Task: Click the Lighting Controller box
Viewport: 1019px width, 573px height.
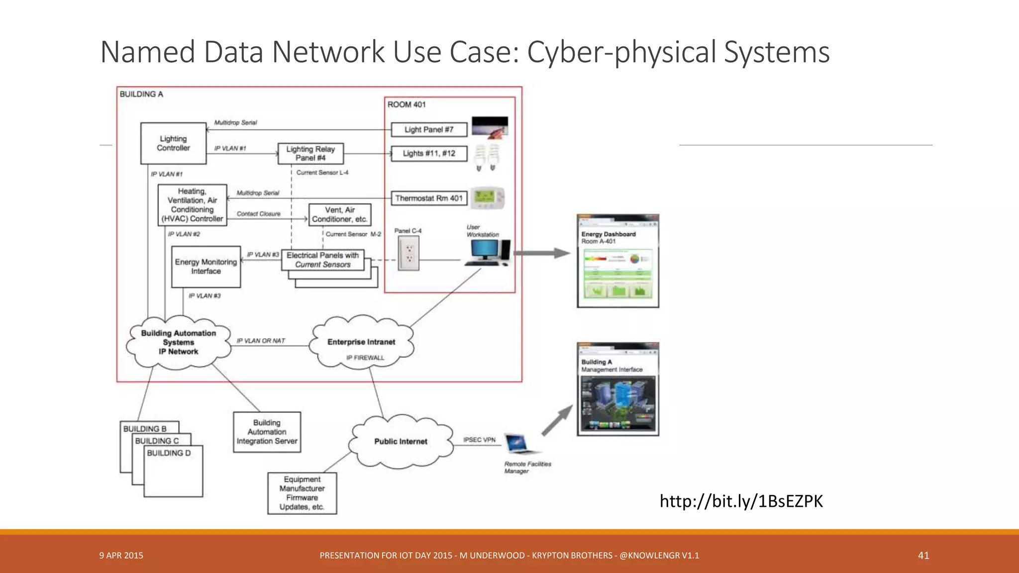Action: click(x=173, y=143)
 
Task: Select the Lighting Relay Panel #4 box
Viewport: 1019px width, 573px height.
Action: click(x=310, y=153)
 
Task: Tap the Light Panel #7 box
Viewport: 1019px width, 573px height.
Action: click(x=429, y=130)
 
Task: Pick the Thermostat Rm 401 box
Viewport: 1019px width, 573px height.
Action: click(x=429, y=198)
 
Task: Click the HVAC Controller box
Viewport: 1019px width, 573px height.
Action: click(x=192, y=205)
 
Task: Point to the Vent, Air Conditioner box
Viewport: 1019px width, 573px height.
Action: click(x=340, y=214)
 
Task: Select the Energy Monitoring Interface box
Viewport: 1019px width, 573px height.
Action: click(x=205, y=267)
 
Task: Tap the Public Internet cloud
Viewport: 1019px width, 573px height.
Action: click(x=401, y=442)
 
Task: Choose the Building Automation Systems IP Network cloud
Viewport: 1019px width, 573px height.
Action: click(x=178, y=342)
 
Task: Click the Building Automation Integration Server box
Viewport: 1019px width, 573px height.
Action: click(x=267, y=432)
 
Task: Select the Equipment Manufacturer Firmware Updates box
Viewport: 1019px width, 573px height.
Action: click(x=302, y=493)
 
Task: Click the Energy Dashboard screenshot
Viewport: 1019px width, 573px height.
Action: click(x=618, y=261)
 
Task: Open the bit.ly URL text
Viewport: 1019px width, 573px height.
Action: click(x=741, y=501)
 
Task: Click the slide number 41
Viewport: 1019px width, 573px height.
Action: click(x=923, y=556)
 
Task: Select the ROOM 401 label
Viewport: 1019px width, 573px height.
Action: click(x=407, y=104)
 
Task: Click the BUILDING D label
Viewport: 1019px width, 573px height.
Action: click(x=169, y=453)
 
